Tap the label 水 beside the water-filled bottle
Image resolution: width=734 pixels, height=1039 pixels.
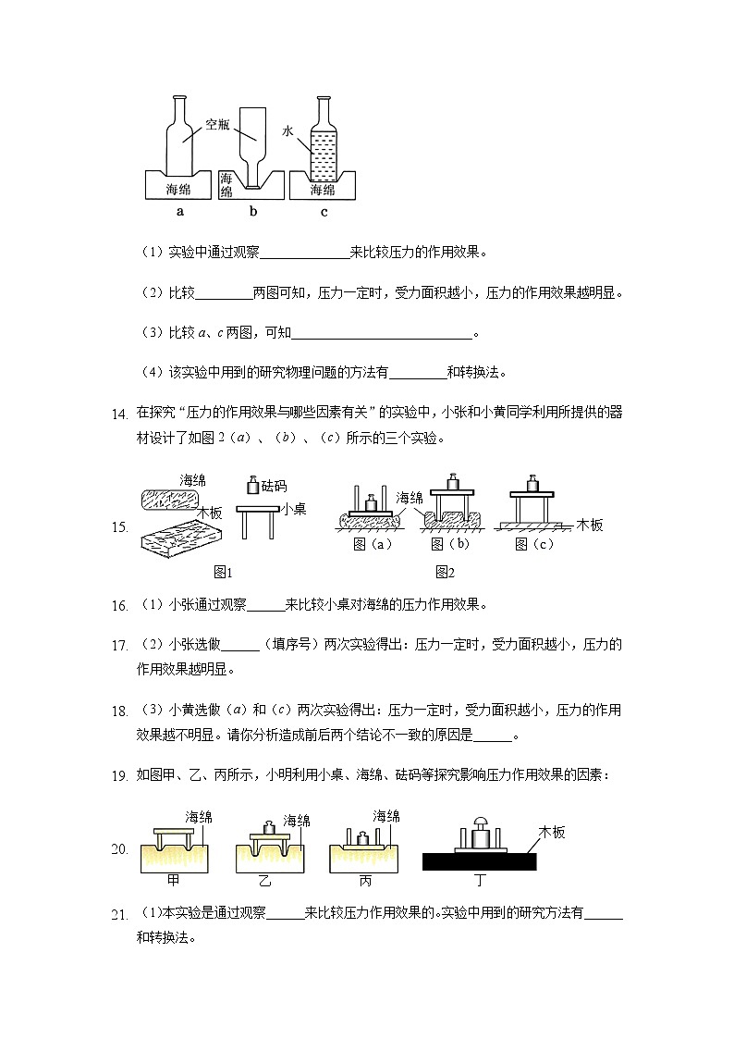287,132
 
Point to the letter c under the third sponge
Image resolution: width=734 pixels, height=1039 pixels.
324,212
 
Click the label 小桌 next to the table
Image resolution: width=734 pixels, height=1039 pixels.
293,508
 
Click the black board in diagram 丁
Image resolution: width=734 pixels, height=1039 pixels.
480,861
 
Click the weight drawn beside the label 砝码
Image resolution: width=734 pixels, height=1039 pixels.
252,485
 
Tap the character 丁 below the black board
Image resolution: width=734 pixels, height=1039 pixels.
478,880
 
